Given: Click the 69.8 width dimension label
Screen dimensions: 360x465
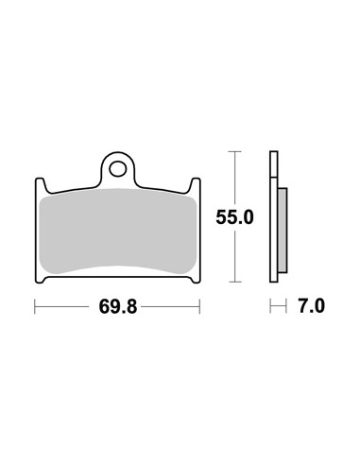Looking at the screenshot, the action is [118, 306].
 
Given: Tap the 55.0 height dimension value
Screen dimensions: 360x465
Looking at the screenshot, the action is [234, 217].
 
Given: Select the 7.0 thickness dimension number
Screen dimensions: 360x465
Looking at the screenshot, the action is [312, 306].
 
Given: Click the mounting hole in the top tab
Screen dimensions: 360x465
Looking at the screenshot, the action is [118, 169].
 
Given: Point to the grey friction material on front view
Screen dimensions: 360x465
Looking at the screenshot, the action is [118, 231].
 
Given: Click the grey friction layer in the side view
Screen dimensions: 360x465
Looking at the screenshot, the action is [283, 231].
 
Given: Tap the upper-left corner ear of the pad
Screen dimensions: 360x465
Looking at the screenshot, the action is [40, 185].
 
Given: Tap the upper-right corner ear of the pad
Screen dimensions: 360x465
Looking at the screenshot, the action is [196, 185].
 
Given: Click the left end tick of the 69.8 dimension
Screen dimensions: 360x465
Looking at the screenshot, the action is [35, 306].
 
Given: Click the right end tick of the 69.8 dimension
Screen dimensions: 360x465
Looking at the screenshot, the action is [199, 306].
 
